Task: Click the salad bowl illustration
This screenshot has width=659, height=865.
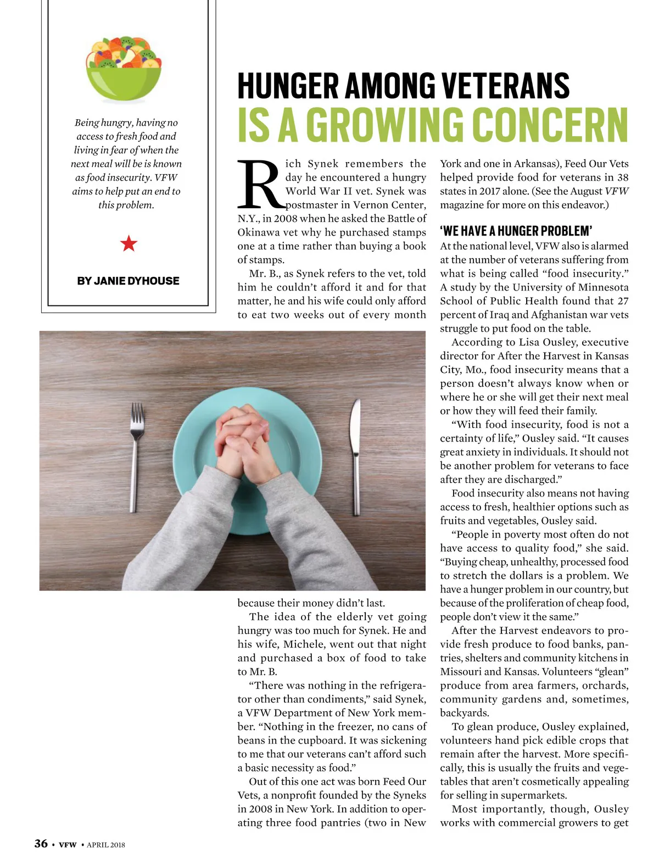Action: click(x=124, y=70)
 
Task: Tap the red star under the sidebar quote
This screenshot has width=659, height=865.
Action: click(x=129, y=243)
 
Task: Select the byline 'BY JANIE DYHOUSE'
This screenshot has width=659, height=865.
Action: click(x=128, y=281)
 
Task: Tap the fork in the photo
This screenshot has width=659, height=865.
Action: click(x=136, y=456)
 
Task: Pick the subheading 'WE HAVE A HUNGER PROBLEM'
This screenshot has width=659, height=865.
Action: click(x=516, y=231)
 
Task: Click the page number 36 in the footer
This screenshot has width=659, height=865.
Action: click(x=41, y=844)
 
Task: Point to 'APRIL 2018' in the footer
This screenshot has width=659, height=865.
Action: click(x=105, y=845)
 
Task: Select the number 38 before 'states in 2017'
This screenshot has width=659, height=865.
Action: click(x=622, y=177)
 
